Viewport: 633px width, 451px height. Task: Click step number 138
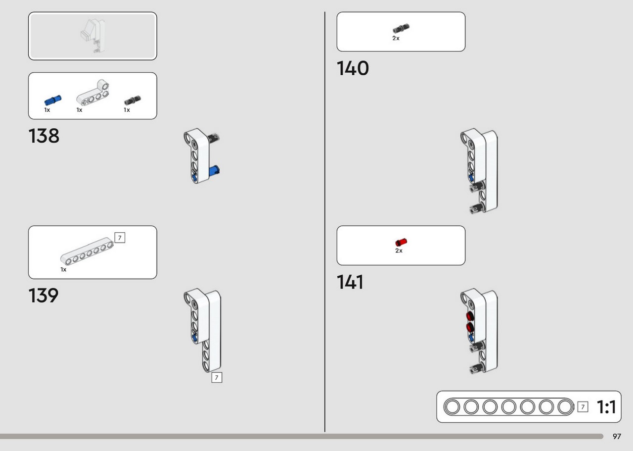pyautogui.click(x=44, y=136)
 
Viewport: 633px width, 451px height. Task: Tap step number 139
pyautogui.click(x=44, y=296)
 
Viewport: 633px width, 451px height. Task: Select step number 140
pyautogui.click(x=353, y=68)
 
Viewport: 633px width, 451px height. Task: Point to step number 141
pyautogui.click(x=350, y=282)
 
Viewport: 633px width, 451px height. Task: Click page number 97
pyautogui.click(x=617, y=436)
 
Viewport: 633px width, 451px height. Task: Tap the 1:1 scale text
pyautogui.click(x=606, y=407)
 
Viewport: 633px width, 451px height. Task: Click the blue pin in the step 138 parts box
pyautogui.click(x=53, y=100)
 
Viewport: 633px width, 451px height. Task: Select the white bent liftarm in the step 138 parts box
pyautogui.click(x=92, y=93)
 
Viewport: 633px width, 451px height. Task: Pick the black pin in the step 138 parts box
pyautogui.click(x=133, y=100)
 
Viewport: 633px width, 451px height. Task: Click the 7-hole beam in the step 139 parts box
pyautogui.click(x=87, y=251)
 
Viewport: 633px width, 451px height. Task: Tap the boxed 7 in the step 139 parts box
pyautogui.click(x=120, y=238)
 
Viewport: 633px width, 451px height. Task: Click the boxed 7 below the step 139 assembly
pyautogui.click(x=217, y=377)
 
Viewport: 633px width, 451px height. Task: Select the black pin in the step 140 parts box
pyautogui.click(x=401, y=28)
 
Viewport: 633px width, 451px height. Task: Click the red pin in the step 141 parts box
pyautogui.click(x=401, y=242)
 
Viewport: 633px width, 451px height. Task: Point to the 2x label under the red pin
pyautogui.click(x=399, y=251)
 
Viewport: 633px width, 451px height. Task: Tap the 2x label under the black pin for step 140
pyautogui.click(x=396, y=38)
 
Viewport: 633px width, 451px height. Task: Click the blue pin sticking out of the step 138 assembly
pyautogui.click(x=214, y=171)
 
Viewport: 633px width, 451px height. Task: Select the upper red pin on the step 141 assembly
pyautogui.click(x=470, y=316)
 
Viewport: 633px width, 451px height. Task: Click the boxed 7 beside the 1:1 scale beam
pyautogui.click(x=583, y=407)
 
